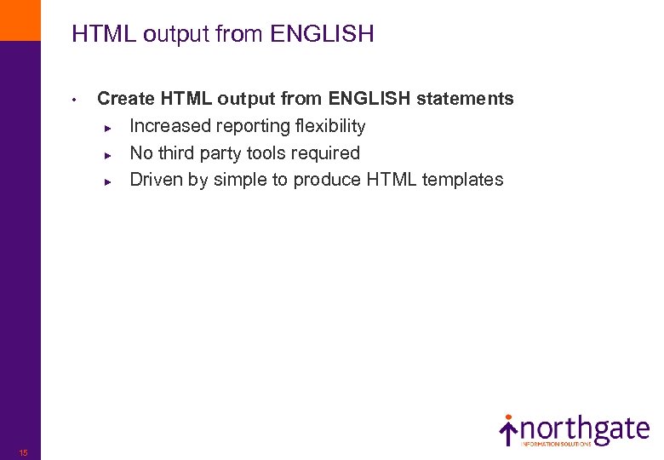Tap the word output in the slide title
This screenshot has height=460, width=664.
(x=175, y=34)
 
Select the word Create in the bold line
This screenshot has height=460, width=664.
(x=127, y=99)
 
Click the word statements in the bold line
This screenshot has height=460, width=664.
(x=467, y=99)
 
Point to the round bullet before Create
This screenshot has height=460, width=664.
(x=75, y=100)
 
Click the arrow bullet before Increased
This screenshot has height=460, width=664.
(x=107, y=127)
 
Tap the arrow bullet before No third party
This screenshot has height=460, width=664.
(x=107, y=154)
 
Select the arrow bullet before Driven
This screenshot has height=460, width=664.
(x=107, y=181)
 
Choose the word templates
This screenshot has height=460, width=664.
(x=464, y=180)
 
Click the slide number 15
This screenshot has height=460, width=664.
(x=23, y=452)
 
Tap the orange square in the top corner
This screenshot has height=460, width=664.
(x=20, y=20)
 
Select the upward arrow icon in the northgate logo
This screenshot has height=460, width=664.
(x=508, y=430)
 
